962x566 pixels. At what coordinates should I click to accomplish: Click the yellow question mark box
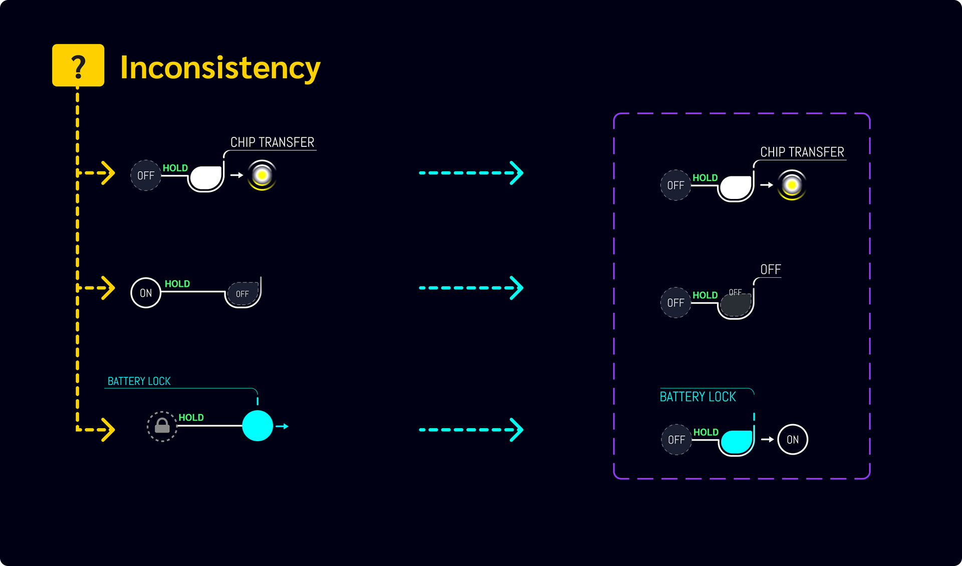click(78, 65)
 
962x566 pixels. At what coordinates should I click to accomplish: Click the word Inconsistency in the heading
click(220, 68)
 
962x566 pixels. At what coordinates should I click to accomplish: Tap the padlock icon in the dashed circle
click(162, 426)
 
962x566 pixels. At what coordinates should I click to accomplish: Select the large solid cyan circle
click(258, 426)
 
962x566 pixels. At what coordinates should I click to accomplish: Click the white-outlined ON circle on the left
click(146, 293)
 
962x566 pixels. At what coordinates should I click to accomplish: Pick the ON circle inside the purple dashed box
click(792, 440)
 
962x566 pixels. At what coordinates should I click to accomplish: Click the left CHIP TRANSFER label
click(272, 142)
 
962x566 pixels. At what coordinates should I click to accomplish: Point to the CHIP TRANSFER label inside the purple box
click(802, 152)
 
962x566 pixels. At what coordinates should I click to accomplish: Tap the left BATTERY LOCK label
click(139, 382)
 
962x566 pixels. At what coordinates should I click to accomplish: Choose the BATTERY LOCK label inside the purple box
click(697, 397)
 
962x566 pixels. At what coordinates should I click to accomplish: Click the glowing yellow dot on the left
click(262, 175)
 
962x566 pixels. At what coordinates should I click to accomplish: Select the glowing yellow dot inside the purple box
click(792, 185)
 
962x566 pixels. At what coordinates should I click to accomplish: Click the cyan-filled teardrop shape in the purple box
click(737, 442)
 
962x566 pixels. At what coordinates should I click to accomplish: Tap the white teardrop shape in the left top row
click(206, 178)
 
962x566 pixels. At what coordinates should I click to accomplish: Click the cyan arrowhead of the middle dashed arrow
click(516, 288)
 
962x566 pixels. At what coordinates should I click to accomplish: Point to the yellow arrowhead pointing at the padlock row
click(107, 430)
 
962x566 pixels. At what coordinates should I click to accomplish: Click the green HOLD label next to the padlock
click(191, 418)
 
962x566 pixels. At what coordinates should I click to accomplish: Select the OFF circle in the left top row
click(146, 175)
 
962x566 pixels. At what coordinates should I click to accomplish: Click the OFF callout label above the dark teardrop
click(770, 270)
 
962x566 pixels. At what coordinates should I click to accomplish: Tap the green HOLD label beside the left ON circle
click(177, 284)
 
